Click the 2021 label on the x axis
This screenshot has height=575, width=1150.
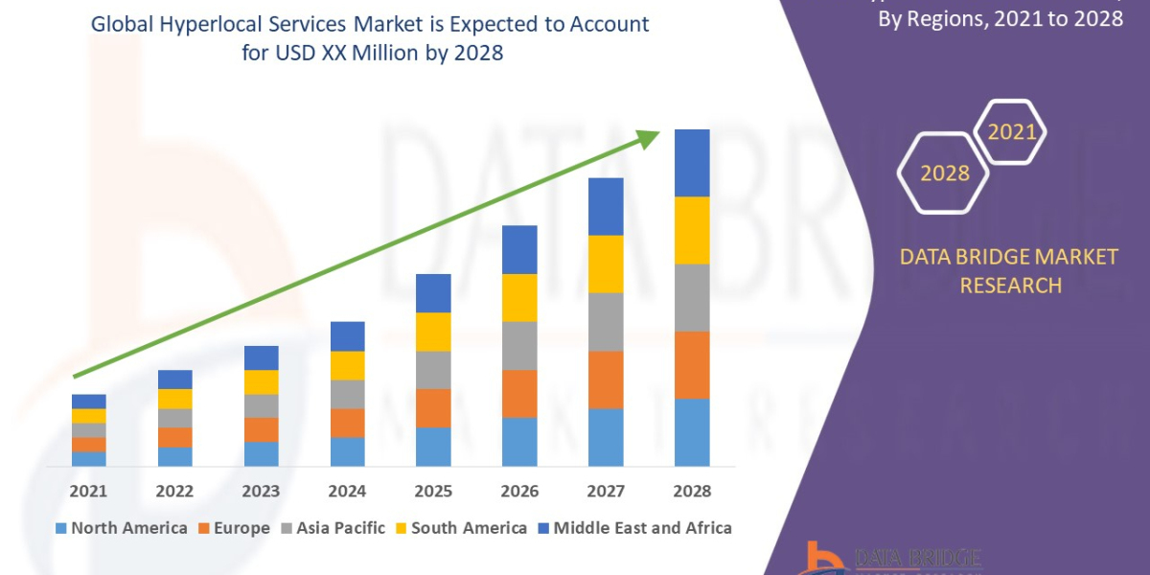point(88,491)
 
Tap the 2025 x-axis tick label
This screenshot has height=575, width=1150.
point(433,491)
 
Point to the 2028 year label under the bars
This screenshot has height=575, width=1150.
point(692,491)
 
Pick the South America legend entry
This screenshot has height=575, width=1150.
point(460,528)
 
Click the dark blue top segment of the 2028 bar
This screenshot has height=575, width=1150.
point(692,163)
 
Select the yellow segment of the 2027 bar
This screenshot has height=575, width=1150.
point(606,264)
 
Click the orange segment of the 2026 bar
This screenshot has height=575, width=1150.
point(519,394)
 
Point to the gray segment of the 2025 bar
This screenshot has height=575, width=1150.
point(433,370)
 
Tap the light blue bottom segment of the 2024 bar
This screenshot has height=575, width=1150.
point(347,451)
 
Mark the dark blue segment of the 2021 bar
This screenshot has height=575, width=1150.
point(88,401)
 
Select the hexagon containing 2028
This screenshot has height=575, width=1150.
point(944,173)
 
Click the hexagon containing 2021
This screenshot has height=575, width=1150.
point(1011,131)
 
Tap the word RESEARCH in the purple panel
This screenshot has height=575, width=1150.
point(1010,285)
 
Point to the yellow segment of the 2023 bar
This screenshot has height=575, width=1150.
point(261,382)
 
